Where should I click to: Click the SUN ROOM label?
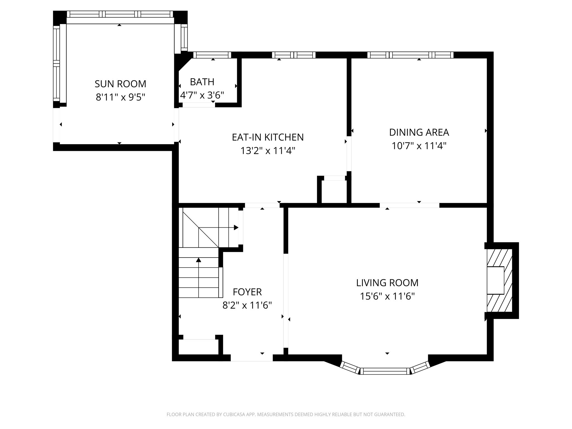(120, 84)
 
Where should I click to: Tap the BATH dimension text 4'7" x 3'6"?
(202, 96)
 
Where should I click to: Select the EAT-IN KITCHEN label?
(268, 137)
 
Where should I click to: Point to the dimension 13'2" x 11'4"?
(268, 151)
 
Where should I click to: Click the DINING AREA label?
(419, 132)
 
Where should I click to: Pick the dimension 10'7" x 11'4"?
(419, 146)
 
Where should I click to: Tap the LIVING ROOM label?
(387, 283)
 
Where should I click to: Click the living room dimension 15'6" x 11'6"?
(387, 296)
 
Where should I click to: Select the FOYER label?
(247, 292)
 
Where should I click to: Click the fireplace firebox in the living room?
(495, 280)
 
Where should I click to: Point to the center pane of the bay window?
(385, 371)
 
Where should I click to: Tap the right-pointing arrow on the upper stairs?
(236, 228)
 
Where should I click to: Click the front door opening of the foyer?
(251, 358)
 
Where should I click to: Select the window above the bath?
(212, 55)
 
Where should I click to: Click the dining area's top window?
(410, 55)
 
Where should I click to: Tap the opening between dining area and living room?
(409, 205)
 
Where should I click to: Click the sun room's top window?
(120, 14)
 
